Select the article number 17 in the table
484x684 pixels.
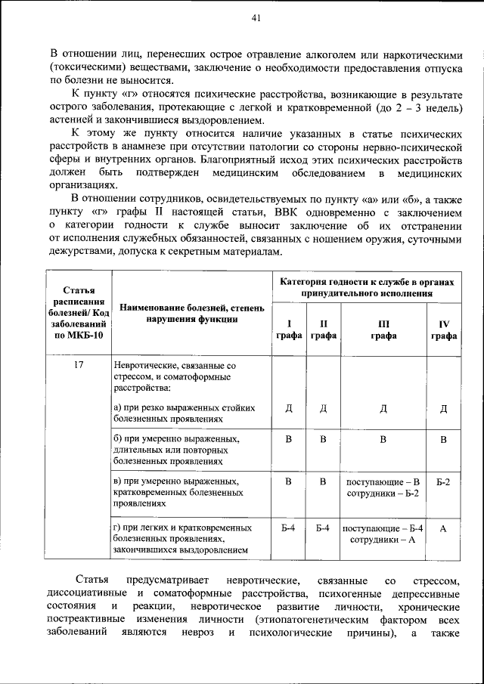click(79, 364)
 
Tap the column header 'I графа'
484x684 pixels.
click(288, 330)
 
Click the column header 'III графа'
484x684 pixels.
click(383, 330)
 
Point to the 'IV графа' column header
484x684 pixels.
click(444, 330)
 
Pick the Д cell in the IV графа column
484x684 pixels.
click(444, 409)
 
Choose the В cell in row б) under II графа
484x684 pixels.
click(323, 439)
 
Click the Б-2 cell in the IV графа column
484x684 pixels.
click(444, 481)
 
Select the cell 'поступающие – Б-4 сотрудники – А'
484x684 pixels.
click(383, 534)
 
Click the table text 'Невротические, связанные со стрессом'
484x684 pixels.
click(174, 370)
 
